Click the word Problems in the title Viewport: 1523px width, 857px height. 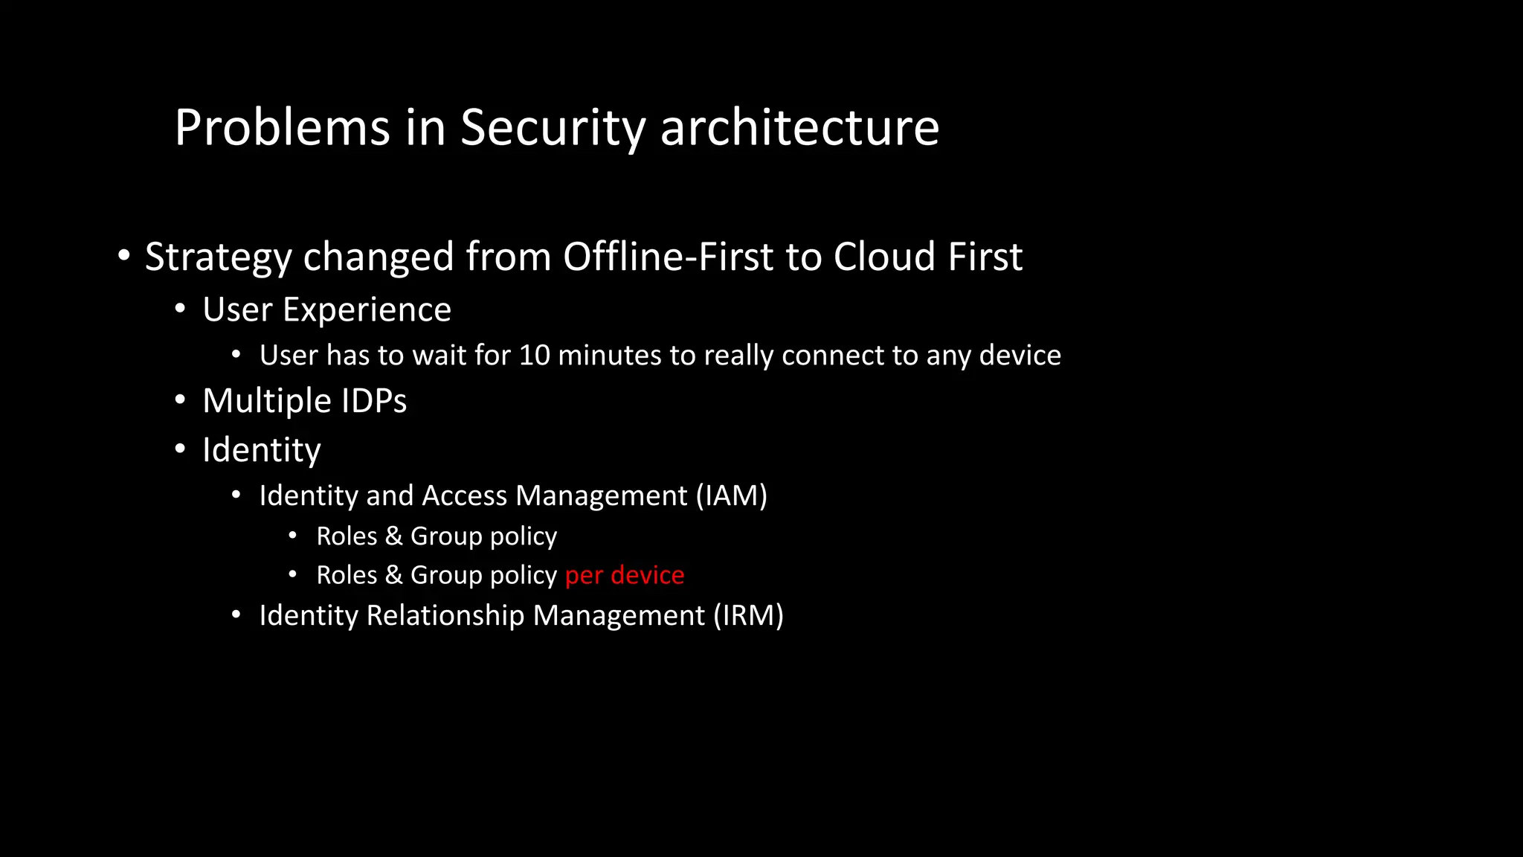coord(282,127)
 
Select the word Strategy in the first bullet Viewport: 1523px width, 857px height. coord(218,257)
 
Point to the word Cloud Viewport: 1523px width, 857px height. coord(884,257)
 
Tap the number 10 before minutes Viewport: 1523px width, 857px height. coord(534,356)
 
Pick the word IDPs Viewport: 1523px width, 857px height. coord(374,401)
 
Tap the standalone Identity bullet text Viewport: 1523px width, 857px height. coord(262,450)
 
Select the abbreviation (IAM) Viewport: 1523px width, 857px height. coord(732,496)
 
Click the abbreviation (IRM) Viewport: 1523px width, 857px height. coord(749,616)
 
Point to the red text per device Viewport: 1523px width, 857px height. coord(625,575)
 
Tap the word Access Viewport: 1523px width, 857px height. coord(465,496)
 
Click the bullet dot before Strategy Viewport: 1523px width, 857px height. coord(124,256)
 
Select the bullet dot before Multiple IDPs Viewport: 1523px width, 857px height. coord(180,400)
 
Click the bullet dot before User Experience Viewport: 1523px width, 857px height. coord(180,309)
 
